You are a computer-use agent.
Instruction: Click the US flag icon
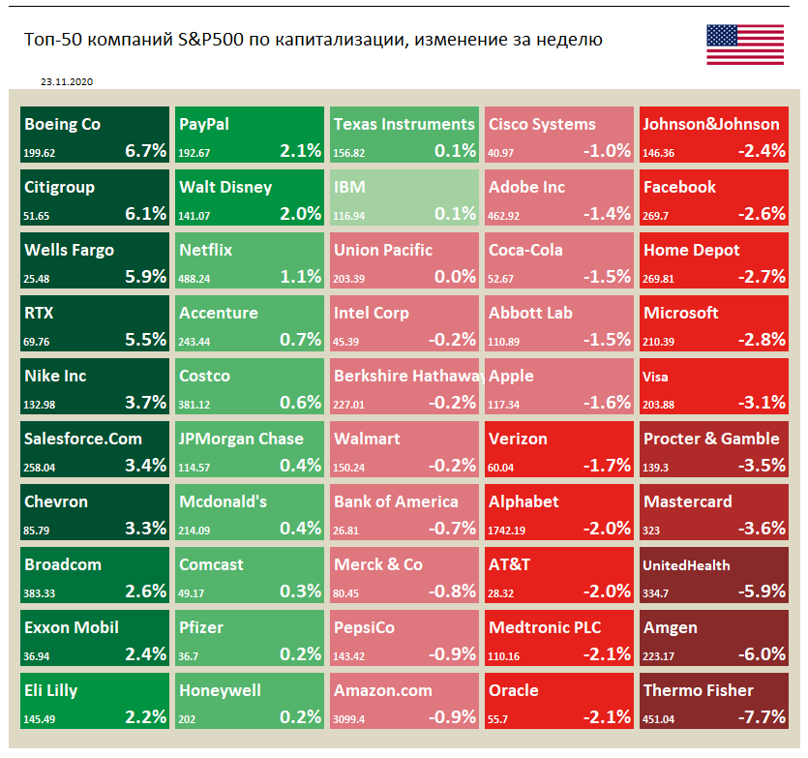click(x=745, y=45)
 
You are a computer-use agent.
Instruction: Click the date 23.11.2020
click(x=67, y=83)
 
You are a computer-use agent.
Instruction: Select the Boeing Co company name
click(x=62, y=124)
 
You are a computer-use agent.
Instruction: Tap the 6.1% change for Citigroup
click(x=145, y=213)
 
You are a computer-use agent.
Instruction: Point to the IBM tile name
click(x=349, y=187)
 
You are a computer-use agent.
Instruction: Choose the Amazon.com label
click(x=382, y=690)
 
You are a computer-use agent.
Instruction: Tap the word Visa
click(x=655, y=377)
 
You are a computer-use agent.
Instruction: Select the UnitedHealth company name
click(x=687, y=565)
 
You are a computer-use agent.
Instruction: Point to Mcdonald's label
click(x=223, y=501)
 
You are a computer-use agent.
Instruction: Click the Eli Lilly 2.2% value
click(x=145, y=716)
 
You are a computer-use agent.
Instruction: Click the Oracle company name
click(x=514, y=690)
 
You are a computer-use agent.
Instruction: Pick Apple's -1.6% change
click(x=608, y=402)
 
